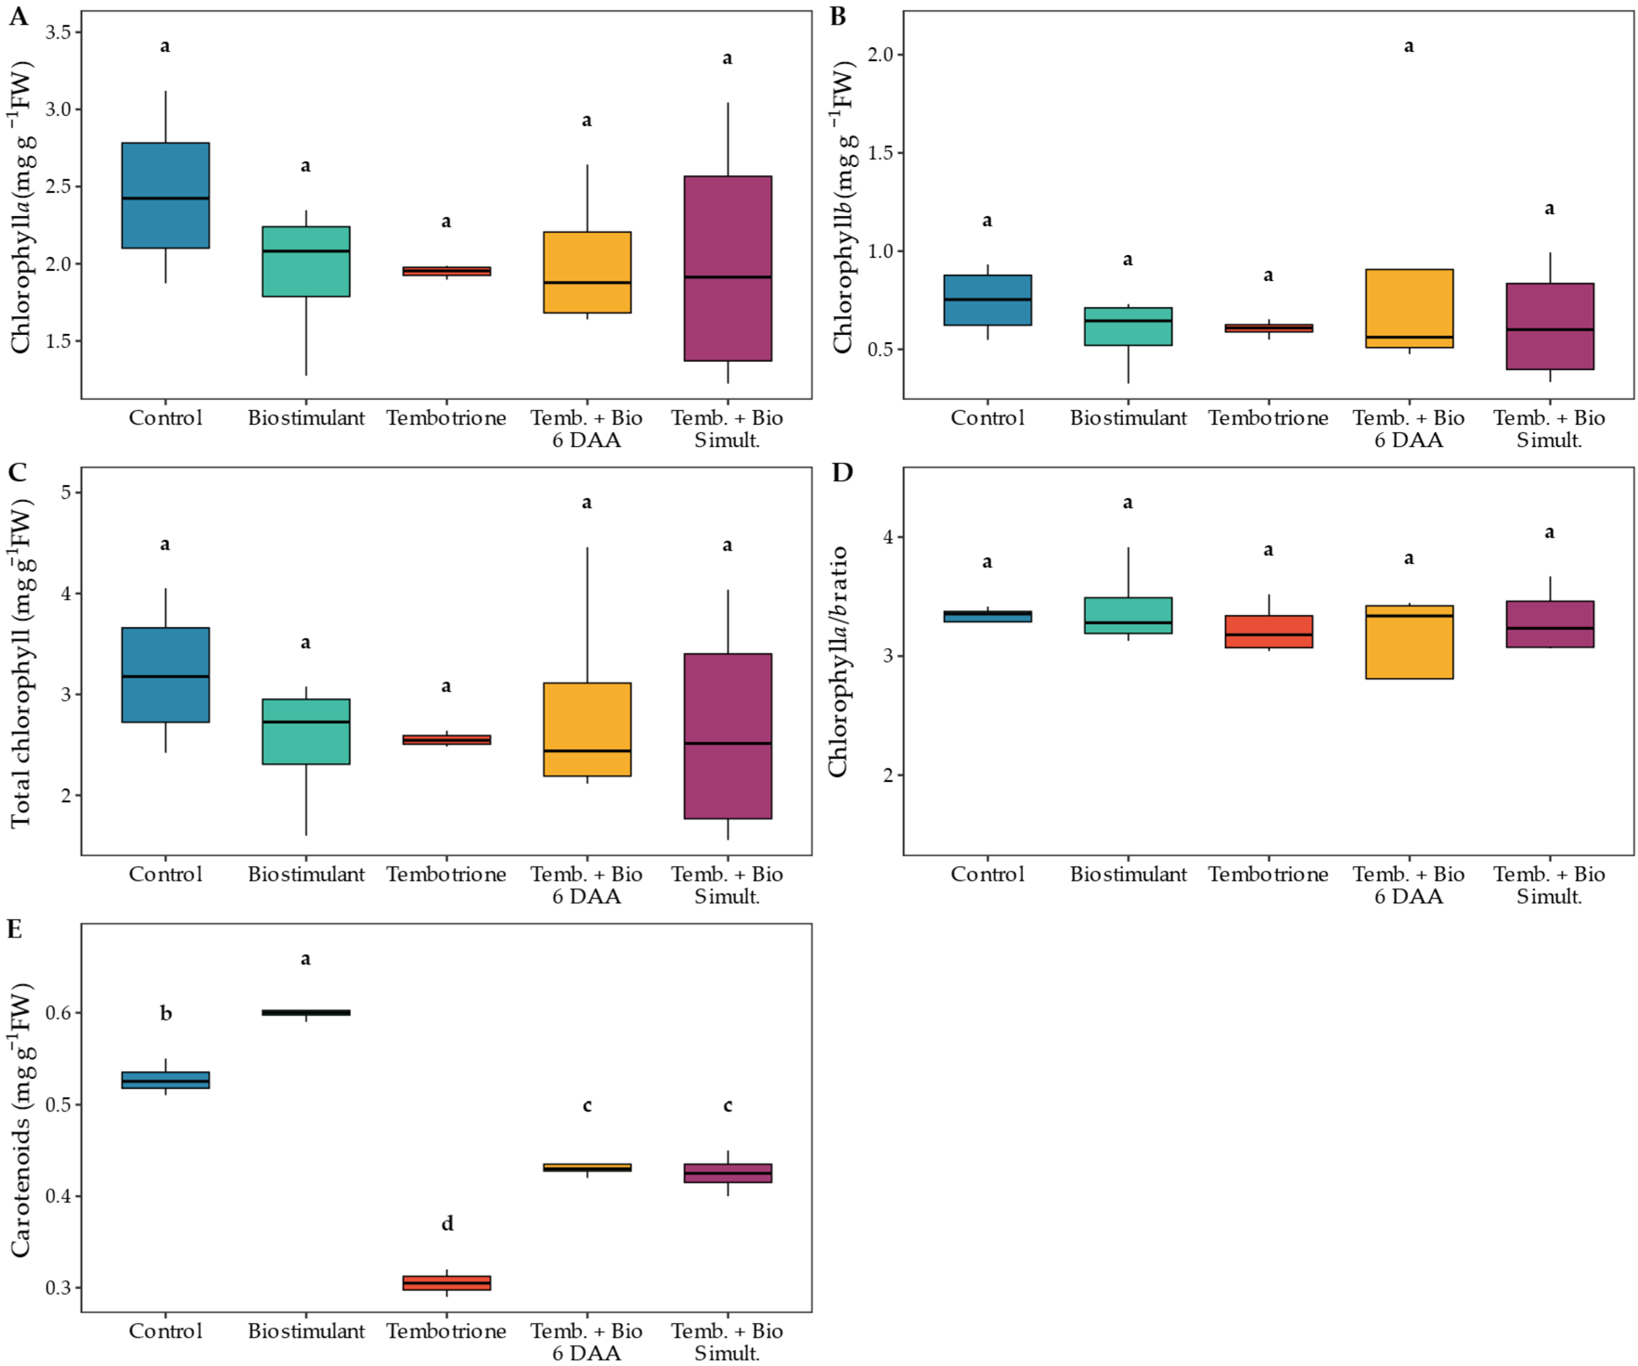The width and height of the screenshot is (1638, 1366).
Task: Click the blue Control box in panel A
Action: click(x=165, y=195)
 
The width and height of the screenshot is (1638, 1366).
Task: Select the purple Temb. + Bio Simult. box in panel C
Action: click(x=728, y=736)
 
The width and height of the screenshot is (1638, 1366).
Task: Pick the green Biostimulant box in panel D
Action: click(x=1128, y=615)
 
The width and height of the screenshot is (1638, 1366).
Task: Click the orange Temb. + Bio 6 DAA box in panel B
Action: click(x=1409, y=308)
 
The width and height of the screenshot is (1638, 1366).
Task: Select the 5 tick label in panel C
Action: click(x=65, y=492)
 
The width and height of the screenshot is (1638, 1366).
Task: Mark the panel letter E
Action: click(x=15, y=929)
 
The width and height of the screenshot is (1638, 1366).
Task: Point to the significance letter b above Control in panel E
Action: click(x=165, y=1013)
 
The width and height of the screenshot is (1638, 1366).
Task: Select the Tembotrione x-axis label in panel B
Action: click(x=1268, y=418)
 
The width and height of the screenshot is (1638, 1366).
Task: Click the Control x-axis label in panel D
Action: click(x=988, y=874)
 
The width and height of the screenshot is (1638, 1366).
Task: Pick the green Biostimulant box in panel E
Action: click(x=306, y=1013)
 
